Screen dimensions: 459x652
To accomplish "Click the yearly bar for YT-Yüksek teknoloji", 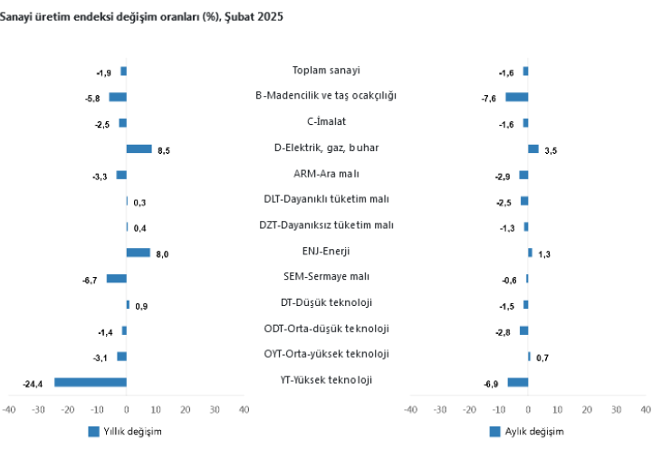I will [x=91, y=382].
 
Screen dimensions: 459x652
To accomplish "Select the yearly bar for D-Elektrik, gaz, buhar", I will [x=139, y=149].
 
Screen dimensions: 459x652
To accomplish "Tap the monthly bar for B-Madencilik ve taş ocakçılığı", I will [x=516, y=97].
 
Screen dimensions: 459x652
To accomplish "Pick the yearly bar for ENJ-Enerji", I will [x=138, y=253].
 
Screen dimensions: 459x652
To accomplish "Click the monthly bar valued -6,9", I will [x=517, y=382].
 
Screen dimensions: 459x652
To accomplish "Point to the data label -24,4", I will [x=34, y=386].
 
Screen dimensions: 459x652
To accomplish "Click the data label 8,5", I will [x=164, y=152].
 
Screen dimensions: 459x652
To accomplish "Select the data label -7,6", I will [x=489, y=99].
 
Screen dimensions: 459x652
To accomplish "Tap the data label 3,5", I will [x=551, y=151].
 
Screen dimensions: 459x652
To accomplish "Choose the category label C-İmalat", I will [x=326, y=121].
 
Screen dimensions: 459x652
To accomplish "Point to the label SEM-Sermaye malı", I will [x=326, y=277].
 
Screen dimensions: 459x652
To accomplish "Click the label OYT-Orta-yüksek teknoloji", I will [x=326, y=354].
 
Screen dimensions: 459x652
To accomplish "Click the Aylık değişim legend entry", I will [x=526, y=432].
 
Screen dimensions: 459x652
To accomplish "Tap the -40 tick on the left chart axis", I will [x=9, y=410].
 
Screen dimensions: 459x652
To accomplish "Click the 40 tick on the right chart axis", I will [x=645, y=410].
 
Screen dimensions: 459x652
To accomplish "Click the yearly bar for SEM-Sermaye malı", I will [x=116, y=279].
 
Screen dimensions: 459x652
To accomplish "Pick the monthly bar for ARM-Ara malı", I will [x=523, y=175].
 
